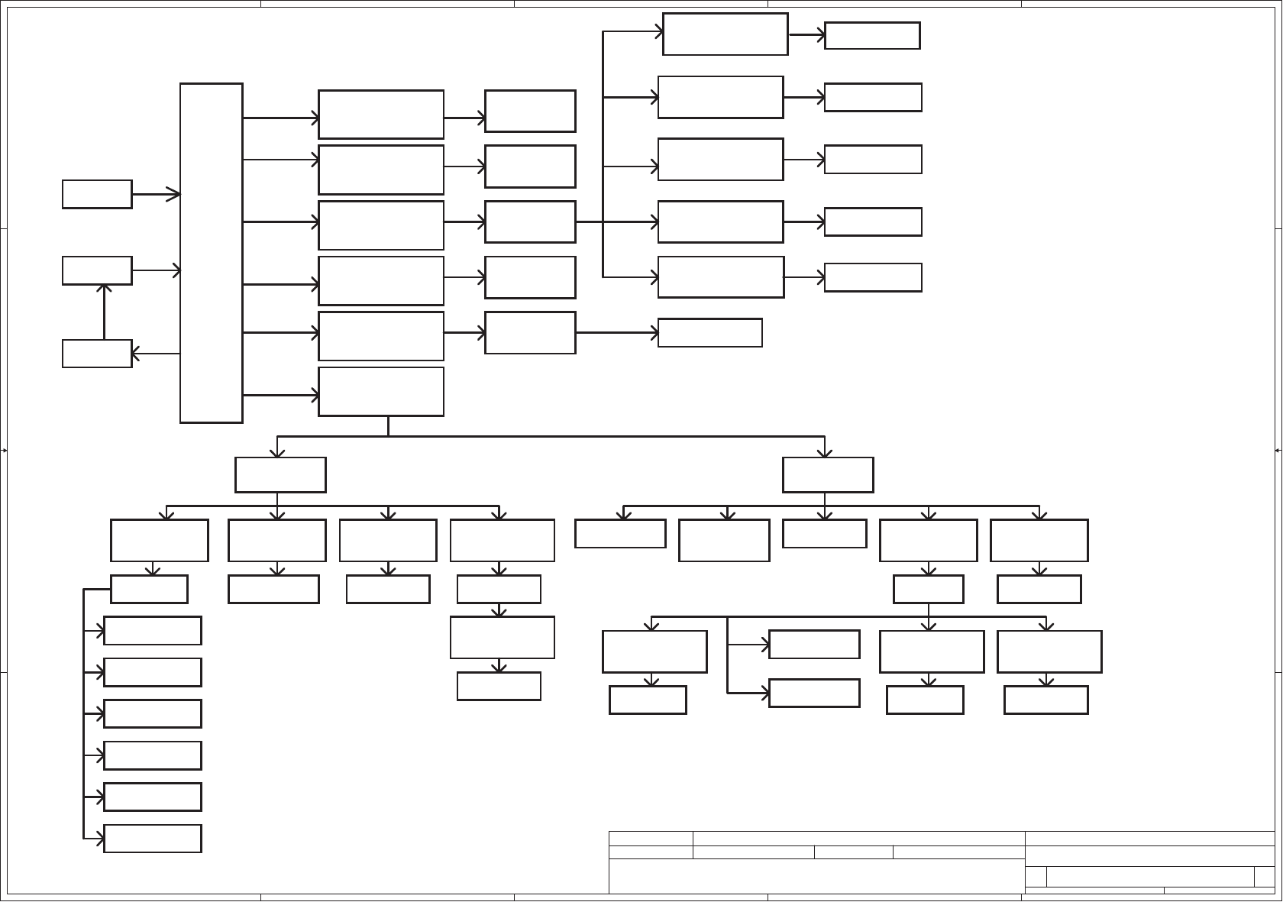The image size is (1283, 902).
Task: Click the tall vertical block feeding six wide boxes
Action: [x=211, y=252]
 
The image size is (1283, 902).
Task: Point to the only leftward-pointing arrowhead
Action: [x=135, y=354]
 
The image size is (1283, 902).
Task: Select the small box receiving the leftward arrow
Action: [x=97, y=354]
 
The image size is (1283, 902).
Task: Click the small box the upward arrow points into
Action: [x=97, y=270]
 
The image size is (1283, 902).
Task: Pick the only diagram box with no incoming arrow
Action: [x=97, y=194]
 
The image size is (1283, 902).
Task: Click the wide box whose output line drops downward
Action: [x=380, y=391]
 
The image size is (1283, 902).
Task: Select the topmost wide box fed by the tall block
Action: [x=380, y=114]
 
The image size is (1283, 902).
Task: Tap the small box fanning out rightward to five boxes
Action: [x=529, y=221]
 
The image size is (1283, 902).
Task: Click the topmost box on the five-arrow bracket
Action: [x=725, y=34]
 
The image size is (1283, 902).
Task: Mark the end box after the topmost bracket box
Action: [x=872, y=35]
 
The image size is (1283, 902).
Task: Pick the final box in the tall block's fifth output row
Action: [x=709, y=332]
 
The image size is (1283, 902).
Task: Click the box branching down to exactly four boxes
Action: [x=280, y=474]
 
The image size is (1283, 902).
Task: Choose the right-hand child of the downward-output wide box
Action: [x=828, y=474]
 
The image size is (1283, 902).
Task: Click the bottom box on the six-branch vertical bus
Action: [x=152, y=838]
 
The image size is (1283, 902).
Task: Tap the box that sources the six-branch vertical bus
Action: [x=149, y=589]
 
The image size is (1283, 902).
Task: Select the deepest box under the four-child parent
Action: [x=499, y=686]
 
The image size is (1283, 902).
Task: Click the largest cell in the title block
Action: [x=816, y=876]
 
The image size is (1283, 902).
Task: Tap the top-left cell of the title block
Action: [x=651, y=838]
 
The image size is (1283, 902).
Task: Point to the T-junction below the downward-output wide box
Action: [x=388, y=436]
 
